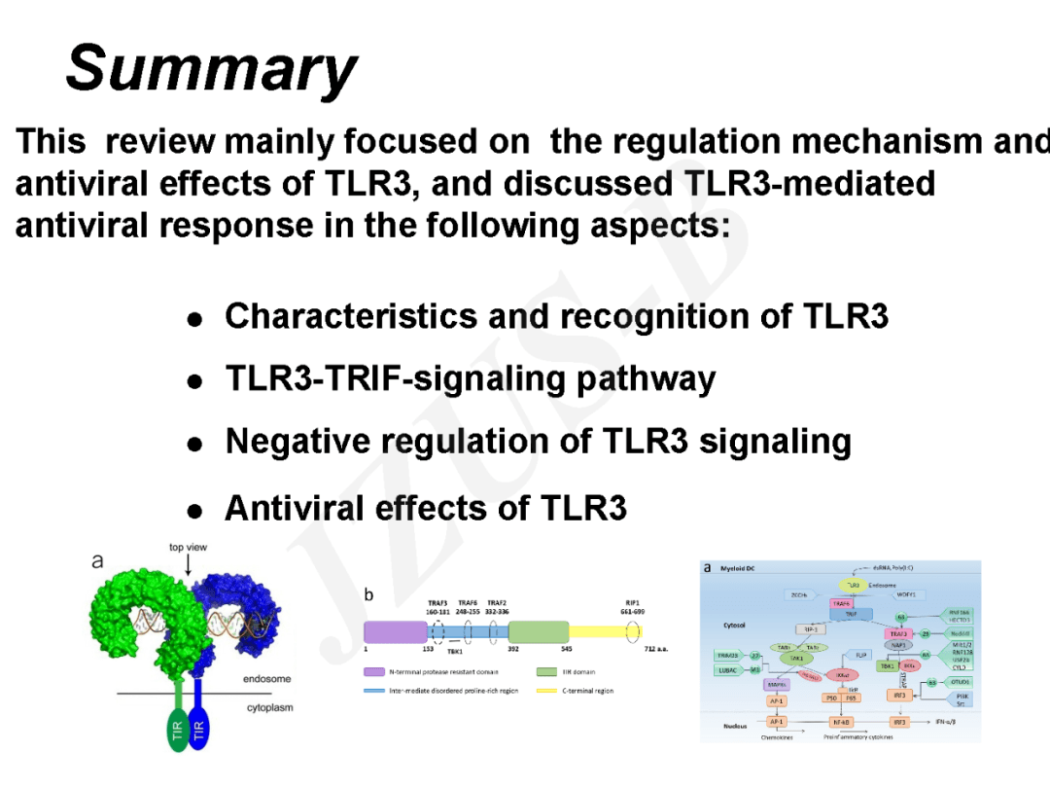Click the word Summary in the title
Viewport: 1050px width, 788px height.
[x=211, y=70]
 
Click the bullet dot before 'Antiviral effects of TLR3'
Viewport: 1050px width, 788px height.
[x=195, y=510]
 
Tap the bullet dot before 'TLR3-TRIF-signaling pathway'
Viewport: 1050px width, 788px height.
[x=195, y=381]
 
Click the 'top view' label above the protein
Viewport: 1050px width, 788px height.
[x=188, y=548]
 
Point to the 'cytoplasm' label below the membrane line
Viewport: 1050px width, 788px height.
[x=269, y=707]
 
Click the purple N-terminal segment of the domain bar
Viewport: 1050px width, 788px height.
[x=395, y=632]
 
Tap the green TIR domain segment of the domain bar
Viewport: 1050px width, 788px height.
[x=539, y=632]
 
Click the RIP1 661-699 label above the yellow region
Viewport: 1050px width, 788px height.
[x=632, y=607]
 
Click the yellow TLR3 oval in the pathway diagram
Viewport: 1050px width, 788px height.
[x=852, y=586]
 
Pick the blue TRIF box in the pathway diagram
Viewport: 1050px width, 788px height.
[x=851, y=615]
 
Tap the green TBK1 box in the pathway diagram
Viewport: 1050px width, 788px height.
[x=887, y=666]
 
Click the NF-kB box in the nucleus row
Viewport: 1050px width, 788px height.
[x=841, y=723]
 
